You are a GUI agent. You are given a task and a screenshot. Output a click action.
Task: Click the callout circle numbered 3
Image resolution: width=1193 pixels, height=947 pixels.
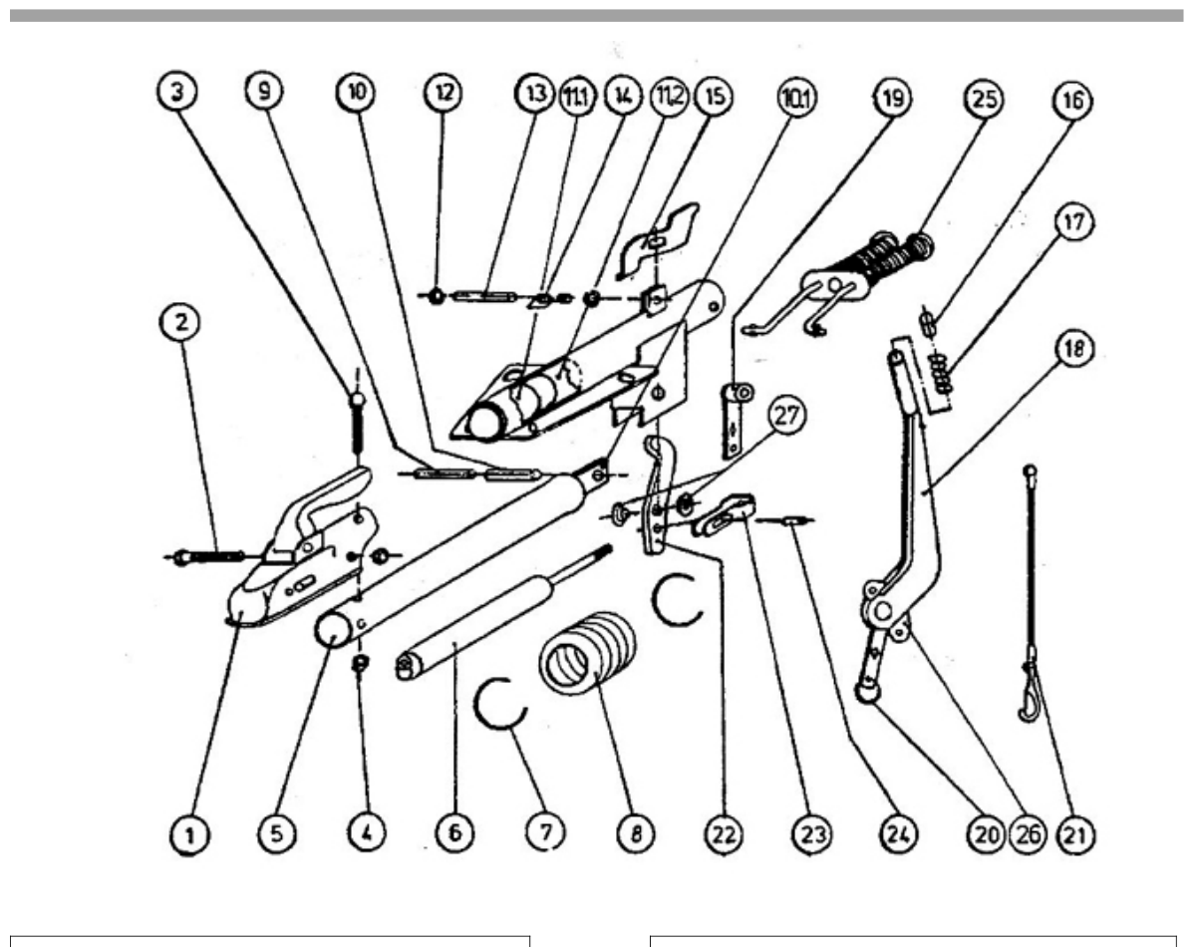tap(177, 92)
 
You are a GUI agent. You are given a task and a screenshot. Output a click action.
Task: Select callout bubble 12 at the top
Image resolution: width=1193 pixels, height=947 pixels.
tap(444, 93)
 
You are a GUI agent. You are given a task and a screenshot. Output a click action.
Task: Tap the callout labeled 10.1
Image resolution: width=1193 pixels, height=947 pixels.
tap(796, 99)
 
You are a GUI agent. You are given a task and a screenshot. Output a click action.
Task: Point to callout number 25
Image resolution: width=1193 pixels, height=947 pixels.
tap(984, 99)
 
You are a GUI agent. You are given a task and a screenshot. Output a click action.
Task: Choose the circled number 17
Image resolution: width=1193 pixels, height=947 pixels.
tap(1072, 223)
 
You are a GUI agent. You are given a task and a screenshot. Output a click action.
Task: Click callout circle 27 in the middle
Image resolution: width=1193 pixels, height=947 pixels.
tap(787, 416)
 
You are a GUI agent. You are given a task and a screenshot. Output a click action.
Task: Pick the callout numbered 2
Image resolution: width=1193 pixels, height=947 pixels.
tap(180, 322)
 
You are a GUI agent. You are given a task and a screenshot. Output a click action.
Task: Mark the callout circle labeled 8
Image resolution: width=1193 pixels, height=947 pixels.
tap(635, 833)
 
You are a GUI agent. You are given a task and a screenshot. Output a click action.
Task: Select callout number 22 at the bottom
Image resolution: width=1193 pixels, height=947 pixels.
tap(723, 834)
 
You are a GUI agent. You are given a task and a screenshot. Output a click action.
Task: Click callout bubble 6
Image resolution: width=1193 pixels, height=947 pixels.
tap(454, 832)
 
